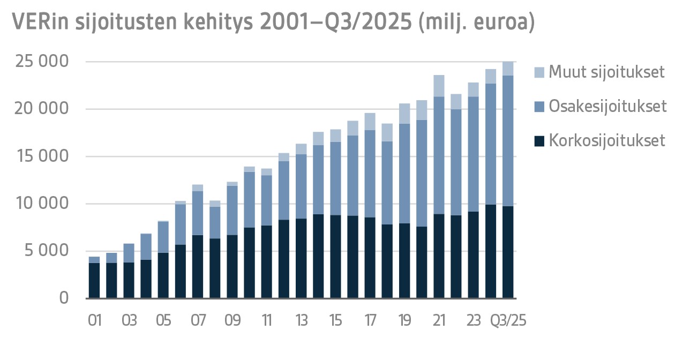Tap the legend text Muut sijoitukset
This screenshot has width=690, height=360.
pos(606,72)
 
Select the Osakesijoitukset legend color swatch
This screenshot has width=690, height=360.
pos(540,107)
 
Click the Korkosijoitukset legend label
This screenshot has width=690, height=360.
pos(606,141)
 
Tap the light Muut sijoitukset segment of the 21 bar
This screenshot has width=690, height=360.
pos(439,86)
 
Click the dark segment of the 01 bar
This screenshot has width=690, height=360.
pos(94,280)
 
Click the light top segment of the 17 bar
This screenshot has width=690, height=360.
pos(370,122)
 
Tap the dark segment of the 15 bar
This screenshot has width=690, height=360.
pos(335,257)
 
